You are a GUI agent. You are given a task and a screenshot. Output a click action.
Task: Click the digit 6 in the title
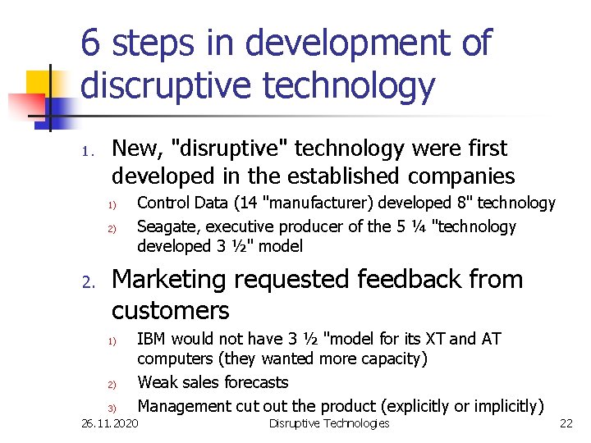pos(92,43)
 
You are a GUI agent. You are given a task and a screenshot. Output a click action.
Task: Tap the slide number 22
pos(566,423)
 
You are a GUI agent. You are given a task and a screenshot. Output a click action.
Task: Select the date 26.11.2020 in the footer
pos(111,423)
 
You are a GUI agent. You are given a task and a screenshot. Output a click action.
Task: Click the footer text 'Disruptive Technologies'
pos(329,423)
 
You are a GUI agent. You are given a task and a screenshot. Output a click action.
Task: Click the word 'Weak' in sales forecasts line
pos(156,382)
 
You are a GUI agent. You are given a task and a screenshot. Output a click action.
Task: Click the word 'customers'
pos(170,311)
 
